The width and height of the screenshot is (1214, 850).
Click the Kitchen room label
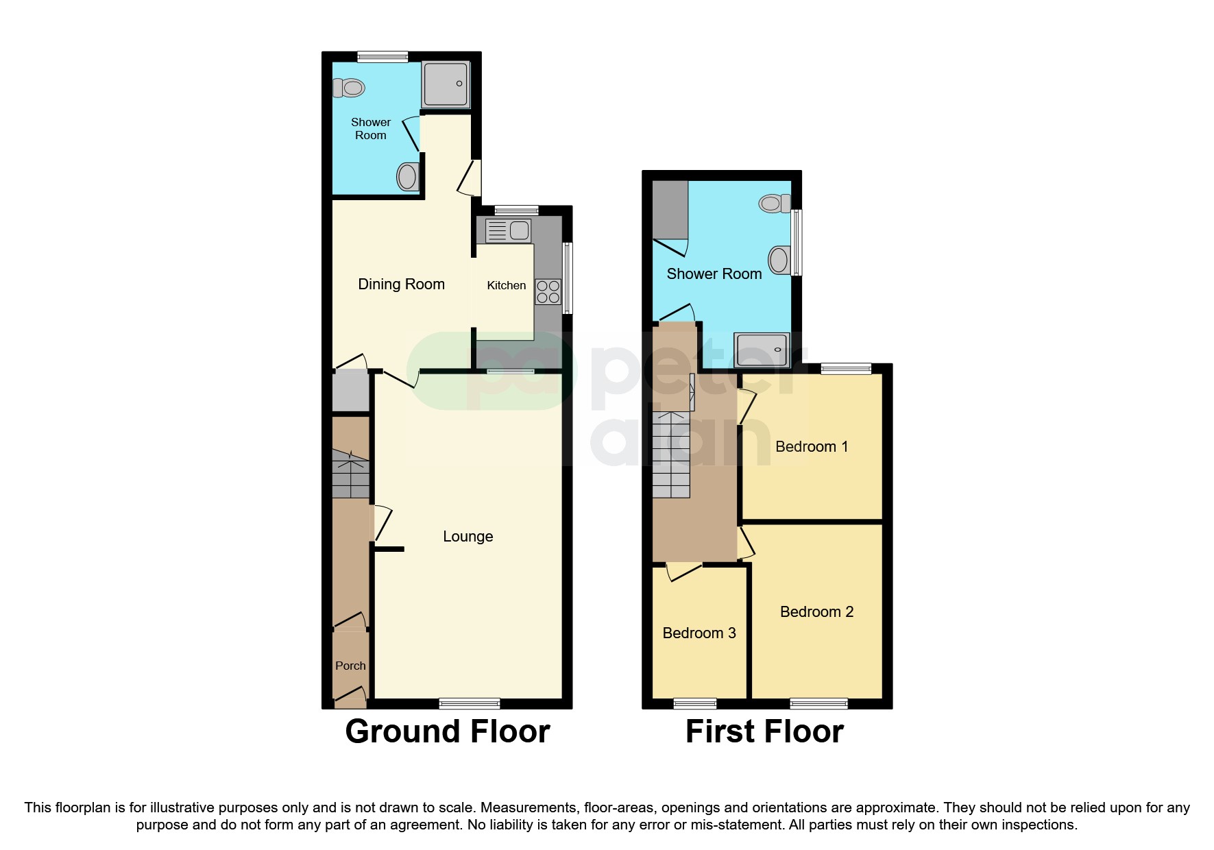coord(506,285)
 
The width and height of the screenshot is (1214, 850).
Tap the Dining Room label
coord(401,284)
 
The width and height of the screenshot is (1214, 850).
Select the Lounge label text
coord(468,536)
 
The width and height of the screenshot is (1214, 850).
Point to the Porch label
coord(350,666)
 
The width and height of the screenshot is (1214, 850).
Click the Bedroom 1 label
coord(811,446)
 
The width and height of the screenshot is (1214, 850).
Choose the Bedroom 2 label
coord(816,611)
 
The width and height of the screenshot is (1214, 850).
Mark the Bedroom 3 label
coord(699,633)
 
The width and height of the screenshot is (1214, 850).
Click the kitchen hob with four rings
coord(548,291)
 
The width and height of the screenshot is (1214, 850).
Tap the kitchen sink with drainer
coord(508,231)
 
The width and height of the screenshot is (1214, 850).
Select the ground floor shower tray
coord(446,84)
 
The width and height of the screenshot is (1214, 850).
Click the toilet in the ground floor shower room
coord(349,88)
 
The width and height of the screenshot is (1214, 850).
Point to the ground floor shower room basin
coord(407,176)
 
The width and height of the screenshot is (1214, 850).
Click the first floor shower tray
coord(762,350)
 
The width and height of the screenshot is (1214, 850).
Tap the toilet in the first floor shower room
coord(775,203)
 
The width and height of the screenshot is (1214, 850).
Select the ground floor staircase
coord(350,474)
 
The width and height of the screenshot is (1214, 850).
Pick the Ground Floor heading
coord(447,731)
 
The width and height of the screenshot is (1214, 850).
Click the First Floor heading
coord(764,731)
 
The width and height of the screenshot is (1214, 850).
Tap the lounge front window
coord(470,703)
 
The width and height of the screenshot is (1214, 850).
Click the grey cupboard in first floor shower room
coord(670,209)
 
